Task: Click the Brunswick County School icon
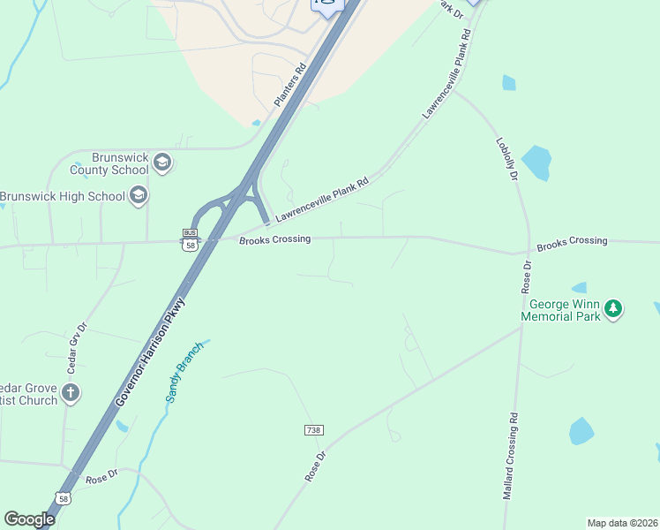[x=161, y=162]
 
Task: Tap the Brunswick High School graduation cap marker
[x=138, y=195]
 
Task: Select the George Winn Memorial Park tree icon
[x=613, y=309]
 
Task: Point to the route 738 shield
[x=314, y=430]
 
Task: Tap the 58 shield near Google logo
[x=64, y=499]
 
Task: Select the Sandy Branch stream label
[x=184, y=372]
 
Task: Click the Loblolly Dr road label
[x=506, y=158]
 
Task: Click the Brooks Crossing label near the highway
[x=274, y=240]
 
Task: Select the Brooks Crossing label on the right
[x=572, y=241]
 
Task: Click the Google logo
[x=29, y=519]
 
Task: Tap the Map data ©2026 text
[x=621, y=522]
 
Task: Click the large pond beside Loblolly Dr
[x=536, y=163]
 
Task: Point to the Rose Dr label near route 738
[x=316, y=466]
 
